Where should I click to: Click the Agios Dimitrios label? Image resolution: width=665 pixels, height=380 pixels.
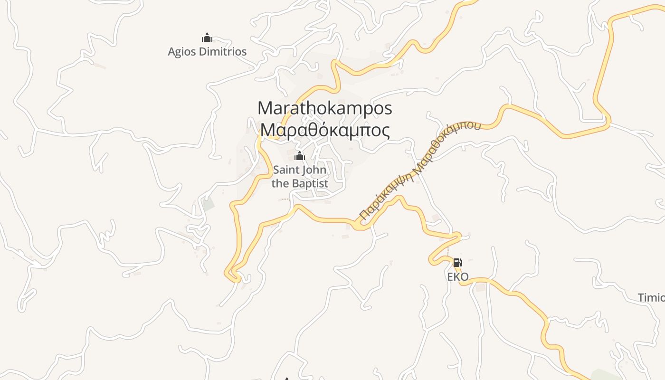click(x=207, y=51)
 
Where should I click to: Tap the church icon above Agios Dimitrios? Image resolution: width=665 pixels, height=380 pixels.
click(x=207, y=38)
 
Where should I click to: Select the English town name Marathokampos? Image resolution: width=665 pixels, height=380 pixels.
click(x=325, y=108)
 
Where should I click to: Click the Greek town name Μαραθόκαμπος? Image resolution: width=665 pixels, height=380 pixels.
click(x=325, y=130)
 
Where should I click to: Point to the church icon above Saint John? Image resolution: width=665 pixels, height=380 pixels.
click(x=300, y=156)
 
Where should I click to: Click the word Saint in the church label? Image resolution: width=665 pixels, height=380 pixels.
click(x=286, y=170)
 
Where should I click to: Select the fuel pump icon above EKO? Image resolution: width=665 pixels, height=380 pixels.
click(x=457, y=262)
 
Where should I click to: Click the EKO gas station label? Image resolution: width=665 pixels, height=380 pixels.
click(x=458, y=276)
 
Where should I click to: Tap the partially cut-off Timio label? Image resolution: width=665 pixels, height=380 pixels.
click(x=651, y=298)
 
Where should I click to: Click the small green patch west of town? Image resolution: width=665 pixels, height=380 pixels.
click(x=208, y=205)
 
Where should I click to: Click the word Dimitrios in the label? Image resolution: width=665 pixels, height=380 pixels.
click(x=221, y=51)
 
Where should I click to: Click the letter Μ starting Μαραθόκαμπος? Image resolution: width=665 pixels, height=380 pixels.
click(x=267, y=130)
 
